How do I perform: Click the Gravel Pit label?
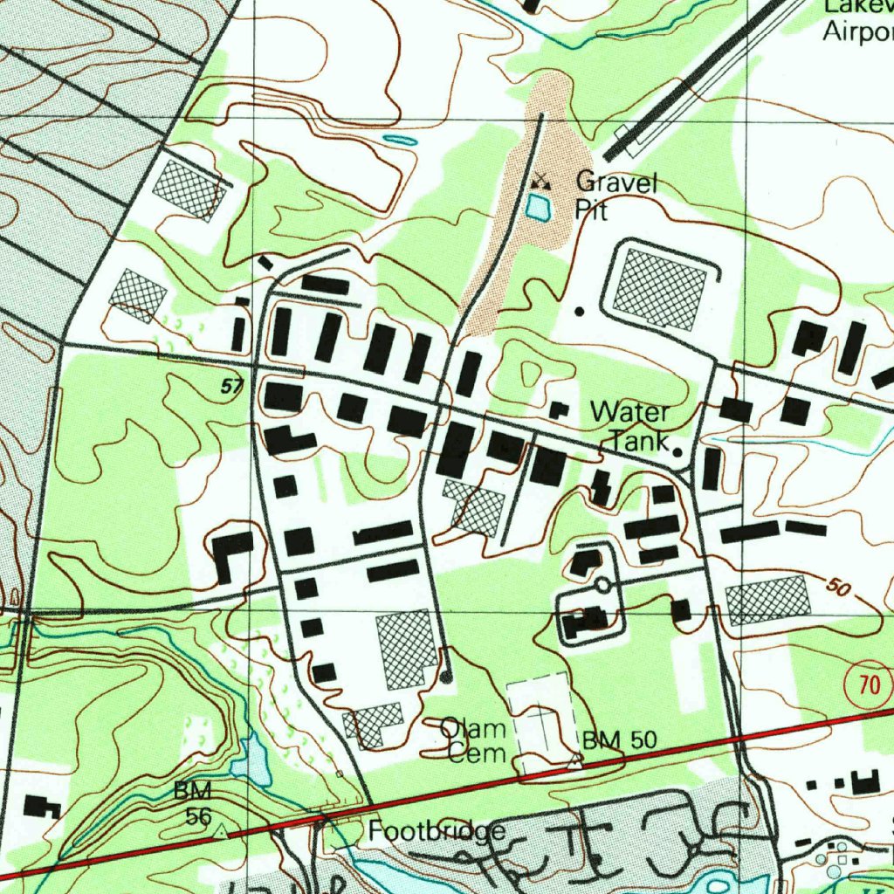(615, 196)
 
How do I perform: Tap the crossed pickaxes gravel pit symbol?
(542, 182)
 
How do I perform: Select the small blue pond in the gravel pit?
(537, 208)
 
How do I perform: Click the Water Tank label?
(630, 426)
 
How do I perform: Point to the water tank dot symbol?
(677, 451)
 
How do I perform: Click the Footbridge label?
(436, 831)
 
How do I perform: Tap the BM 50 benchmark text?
(619, 740)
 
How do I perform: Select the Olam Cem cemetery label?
(473, 739)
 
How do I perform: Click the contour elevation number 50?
(837, 588)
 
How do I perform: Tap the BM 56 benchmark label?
(193, 804)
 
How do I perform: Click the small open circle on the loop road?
(603, 584)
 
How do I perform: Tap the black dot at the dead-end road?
(446, 677)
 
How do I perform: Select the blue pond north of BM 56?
(250, 760)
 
